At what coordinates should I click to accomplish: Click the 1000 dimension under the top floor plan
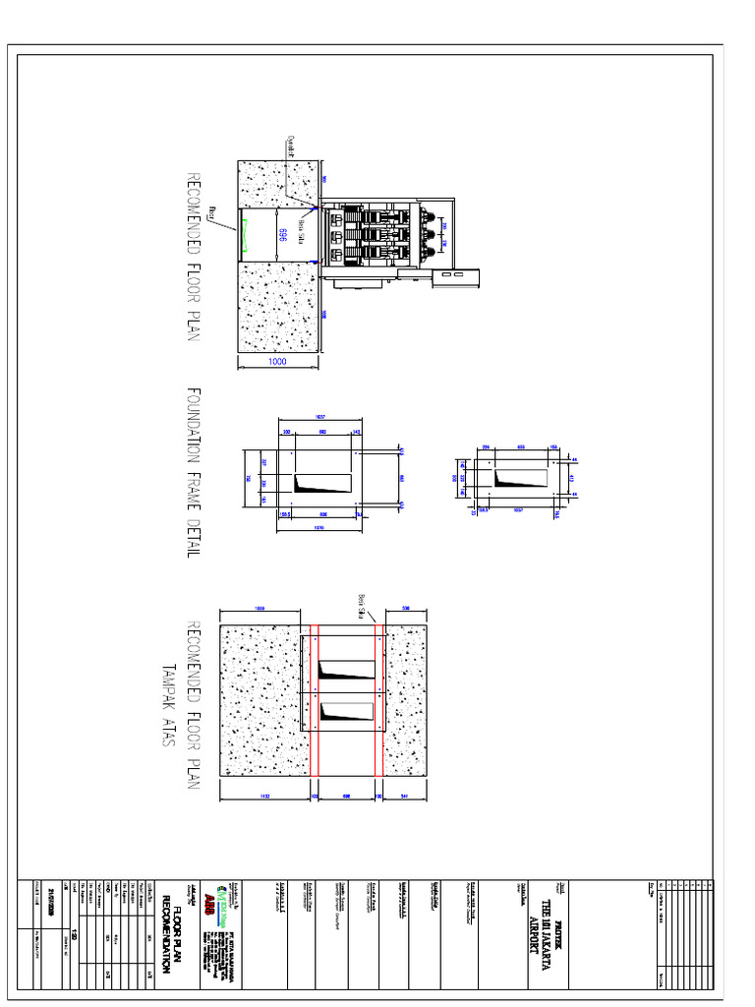click(277, 362)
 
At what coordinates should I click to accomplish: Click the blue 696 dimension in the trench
click(282, 234)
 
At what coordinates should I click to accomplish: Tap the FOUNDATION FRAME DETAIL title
click(193, 472)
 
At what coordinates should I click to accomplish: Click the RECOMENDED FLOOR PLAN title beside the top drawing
click(193, 258)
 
